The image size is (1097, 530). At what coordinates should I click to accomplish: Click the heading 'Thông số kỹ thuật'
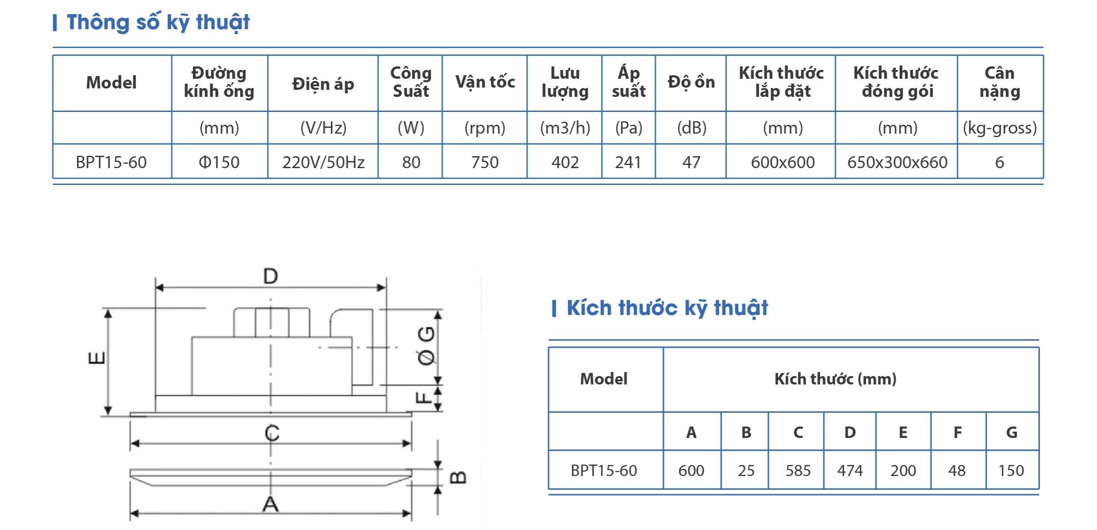[x=158, y=22]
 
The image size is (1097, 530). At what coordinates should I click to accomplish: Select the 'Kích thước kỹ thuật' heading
[x=667, y=308]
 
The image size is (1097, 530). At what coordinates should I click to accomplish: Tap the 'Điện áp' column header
[x=323, y=84]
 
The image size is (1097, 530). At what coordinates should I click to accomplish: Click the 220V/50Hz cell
[x=323, y=162]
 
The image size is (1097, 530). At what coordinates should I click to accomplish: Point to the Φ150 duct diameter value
[x=219, y=162]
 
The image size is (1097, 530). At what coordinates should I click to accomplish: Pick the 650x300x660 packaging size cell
[x=897, y=162]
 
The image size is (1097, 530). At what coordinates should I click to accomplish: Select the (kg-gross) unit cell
[x=1000, y=128]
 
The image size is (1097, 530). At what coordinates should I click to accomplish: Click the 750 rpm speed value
[x=485, y=162]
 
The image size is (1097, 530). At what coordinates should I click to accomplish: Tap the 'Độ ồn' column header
[x=691, y=82]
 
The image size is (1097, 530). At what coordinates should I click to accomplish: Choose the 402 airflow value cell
[x=565, y=162]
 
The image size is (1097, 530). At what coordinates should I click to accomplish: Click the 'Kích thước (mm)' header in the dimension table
[x=835, y=379]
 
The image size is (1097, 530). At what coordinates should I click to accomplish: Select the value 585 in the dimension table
[x=798, y=470]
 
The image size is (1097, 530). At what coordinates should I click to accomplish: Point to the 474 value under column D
[x=850, y=470]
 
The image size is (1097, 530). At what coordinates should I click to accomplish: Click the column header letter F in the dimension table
[x=958, y=432]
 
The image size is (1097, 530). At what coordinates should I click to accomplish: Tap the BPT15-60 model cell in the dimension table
[x=604, y=470]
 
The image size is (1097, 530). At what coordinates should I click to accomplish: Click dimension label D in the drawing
[x=271, y=276]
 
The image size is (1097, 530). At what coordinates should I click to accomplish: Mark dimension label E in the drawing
[x=97, y=357]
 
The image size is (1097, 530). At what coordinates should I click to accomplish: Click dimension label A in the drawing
[x=271, y=504]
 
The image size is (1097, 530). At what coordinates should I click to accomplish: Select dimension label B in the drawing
[x=458, y=477]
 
